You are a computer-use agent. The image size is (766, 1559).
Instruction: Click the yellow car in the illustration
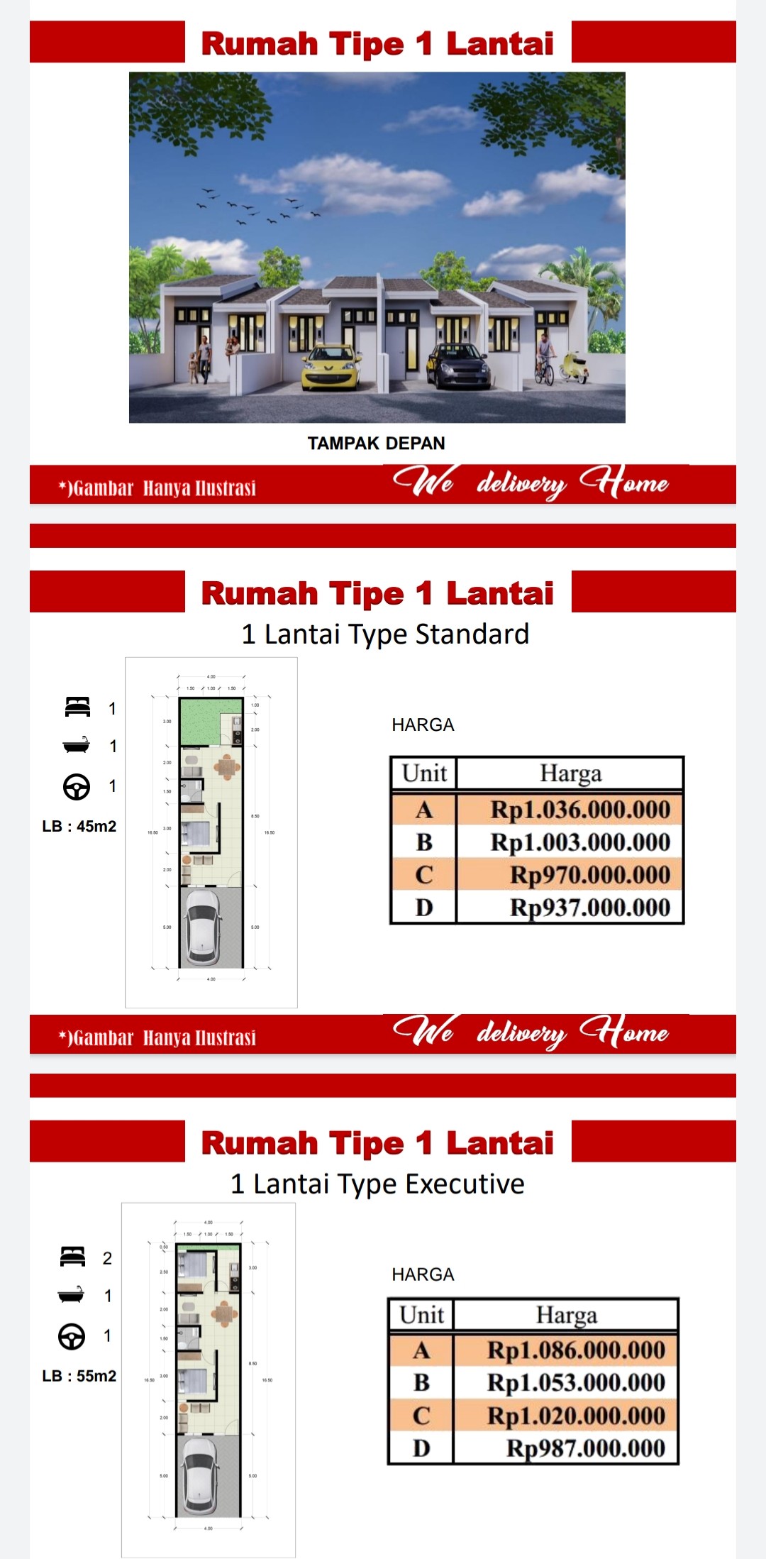click(x=331, y=367)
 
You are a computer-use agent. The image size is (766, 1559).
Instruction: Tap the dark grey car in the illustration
click(x=457, y=365)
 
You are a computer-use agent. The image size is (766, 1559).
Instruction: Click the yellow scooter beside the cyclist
click(x=574, y=368)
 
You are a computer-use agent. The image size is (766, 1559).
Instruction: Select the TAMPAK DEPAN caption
click(x=376, y=444)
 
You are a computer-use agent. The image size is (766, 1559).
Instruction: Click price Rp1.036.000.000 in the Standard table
click(x=580, y=810)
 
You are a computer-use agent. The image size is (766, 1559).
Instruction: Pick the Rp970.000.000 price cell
click(x=589, y=875)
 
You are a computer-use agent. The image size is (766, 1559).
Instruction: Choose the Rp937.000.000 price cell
click(x=589, y=908)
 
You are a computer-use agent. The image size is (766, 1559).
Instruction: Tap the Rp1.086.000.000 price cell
click(x=576, y=1350)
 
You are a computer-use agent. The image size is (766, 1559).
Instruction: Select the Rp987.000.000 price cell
click(x=585, y=1448)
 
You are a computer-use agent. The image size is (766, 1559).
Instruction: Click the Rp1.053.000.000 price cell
click(x=576, y=1382)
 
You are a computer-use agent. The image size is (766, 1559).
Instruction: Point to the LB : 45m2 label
click(x=79, y=826)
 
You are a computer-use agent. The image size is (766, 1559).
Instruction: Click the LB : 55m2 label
click(x=79, y=1376)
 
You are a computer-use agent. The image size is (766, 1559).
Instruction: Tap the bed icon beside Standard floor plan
click(x=77, y=707)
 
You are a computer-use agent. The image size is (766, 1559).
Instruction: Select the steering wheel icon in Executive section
click(x=72, y=1336)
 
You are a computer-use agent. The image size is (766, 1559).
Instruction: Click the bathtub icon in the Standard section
click(x=77, y=745)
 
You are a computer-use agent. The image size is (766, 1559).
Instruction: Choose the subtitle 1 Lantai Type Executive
click(x=377, y=1184)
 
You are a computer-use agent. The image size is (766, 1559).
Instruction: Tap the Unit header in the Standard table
click(x=424, y=773)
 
